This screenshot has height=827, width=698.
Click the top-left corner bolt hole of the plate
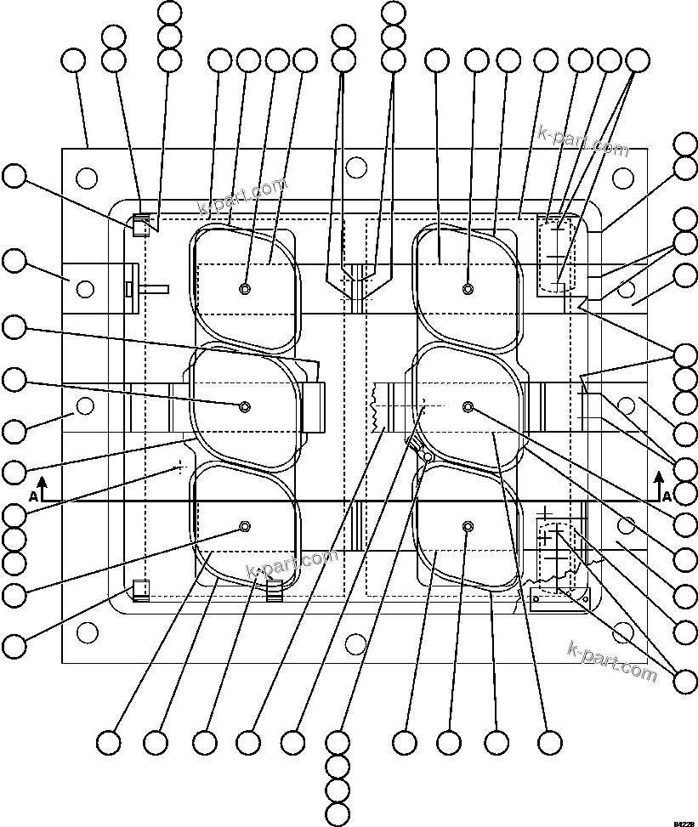pos(87,178)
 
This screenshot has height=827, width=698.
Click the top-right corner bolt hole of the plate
pos(624,178)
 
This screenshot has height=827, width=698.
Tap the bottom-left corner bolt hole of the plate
pos(87,632)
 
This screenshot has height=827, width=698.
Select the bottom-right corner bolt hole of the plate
pos(624,632)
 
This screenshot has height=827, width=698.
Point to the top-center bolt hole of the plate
pos(356,167)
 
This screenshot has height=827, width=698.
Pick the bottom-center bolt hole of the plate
pos(356,643)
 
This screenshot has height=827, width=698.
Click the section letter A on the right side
pos(667,496)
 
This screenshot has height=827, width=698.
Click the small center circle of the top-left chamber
pos(245,289)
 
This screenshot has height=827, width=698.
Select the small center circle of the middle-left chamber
pos(245,406)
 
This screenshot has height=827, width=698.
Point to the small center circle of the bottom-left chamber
pos(245,527)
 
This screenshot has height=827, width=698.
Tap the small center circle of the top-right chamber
pos(468,289)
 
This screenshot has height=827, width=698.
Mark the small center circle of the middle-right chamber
pos(468,407)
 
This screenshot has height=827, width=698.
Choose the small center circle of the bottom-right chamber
pos(468,528)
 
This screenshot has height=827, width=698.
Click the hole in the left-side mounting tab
pos(85,289)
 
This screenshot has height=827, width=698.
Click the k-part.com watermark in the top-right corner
pos(583,140)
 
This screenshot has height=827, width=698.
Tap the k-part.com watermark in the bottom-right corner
pos(611,663)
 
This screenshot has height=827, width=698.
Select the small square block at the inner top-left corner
pos(140,226)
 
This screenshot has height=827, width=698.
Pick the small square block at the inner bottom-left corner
pos(140,589)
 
